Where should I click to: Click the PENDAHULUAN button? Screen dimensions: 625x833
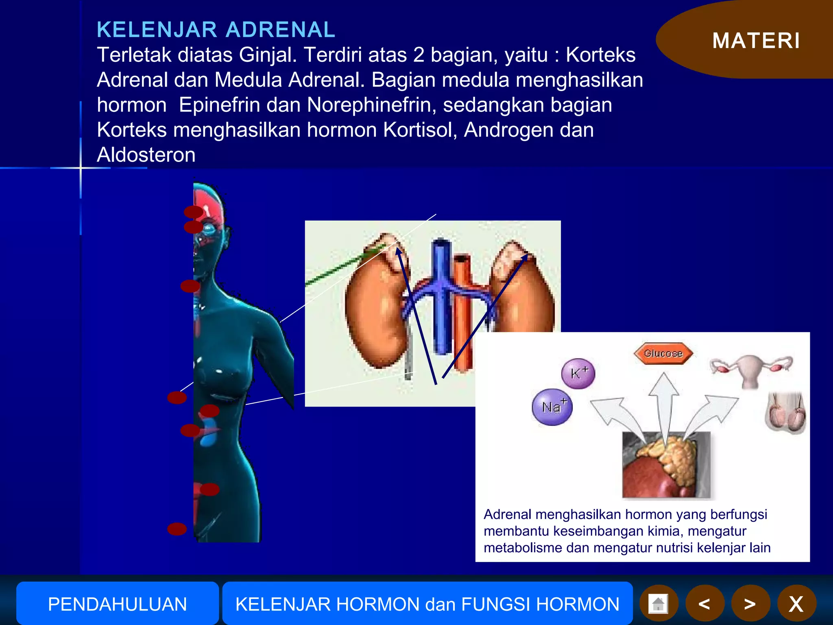tap(117, 604)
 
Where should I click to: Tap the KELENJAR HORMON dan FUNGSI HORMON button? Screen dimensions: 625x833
tap(427, 604)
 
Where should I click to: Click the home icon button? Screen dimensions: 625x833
tap(659, 604)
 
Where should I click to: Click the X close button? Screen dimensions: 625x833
tap(796, 604)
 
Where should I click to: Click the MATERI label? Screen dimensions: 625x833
tap(756, 41)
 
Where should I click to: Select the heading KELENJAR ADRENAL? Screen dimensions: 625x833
tap(216, 30)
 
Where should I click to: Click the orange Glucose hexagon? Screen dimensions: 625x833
tap(663, 353)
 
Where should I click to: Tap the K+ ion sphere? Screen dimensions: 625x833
tap(578, 373)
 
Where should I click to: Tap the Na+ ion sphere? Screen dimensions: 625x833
tap(552, 407)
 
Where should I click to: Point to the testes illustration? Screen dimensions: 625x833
tap(785, 413)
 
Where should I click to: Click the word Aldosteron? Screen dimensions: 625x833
tap(146, 155)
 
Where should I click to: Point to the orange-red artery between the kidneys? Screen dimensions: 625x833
tap(462, 313)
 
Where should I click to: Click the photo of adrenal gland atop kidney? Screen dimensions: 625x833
tap(666, 465)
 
